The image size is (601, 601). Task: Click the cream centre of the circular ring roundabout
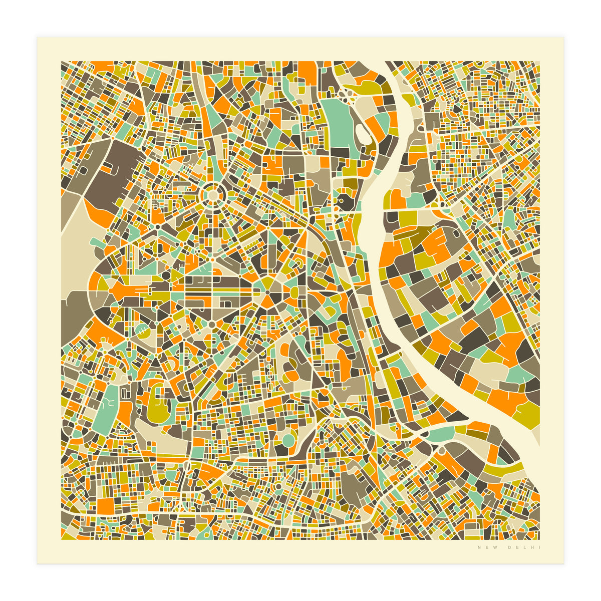click(x=212, y=194)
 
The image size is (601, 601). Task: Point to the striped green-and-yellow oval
click(x=143, y=331)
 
